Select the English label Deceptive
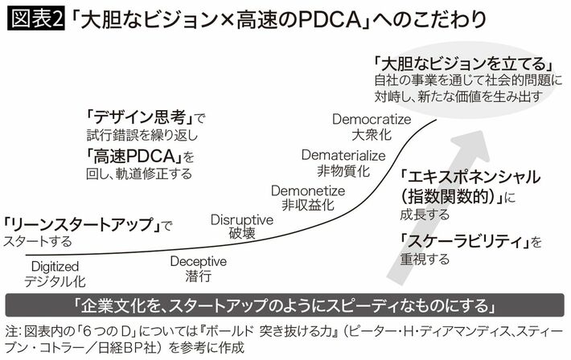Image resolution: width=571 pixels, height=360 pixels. pyautogui.click(x=199, y=261)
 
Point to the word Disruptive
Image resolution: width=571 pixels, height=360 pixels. pyautogui.click(x=242, y=219)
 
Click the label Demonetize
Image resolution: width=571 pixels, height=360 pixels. pyautogui.click(x=308, y=190)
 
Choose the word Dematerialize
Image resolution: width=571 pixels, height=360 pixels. pyautogui.click(x=343, y=154)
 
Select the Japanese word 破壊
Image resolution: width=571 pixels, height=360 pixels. pyautogui.click(x=241, y=234)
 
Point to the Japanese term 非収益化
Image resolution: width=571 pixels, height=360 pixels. pyautogui.click(x=307, y=205)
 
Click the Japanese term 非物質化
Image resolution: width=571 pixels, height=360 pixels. pyautogui.click(x=343, y=170)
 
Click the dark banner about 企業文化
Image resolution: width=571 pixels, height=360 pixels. pyautogui.click(x=285, y=307)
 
